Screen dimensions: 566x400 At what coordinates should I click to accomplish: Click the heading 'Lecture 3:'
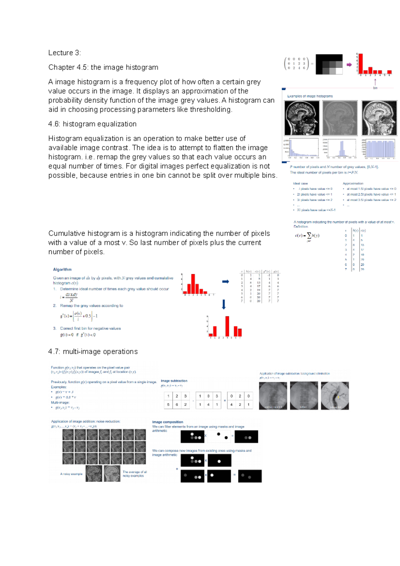coord(64,53)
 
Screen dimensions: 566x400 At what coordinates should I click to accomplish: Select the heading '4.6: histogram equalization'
coord(92,124)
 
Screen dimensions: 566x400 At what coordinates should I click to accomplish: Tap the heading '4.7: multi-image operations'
coord(93,351)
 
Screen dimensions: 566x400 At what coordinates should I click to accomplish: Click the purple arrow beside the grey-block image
coord(349,65)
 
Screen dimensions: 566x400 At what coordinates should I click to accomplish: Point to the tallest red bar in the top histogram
coord(360,63)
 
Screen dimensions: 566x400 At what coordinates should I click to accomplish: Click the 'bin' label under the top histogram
coord(375,88)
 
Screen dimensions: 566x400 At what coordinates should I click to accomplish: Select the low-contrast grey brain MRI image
coord(340,118)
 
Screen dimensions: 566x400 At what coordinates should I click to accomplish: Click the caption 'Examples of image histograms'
coord(310,96)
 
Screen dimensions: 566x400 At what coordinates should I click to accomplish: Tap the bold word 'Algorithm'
coord(62,269)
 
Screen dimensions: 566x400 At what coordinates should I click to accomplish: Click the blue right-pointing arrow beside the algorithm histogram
coord(226,282)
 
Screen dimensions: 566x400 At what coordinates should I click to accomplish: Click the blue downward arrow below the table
coord(224,304)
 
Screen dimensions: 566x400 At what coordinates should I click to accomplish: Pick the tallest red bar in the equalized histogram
coord(227,326)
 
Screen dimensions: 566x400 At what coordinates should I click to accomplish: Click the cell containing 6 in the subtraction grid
coord(177,404)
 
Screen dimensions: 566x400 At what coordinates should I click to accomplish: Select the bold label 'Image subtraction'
coord(174,381)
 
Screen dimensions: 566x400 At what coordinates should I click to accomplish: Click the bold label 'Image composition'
coord(168,422)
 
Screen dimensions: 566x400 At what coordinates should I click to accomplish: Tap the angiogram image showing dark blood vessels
coord(335,396)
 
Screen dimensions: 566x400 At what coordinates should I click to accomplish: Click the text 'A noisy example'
coord(71,474)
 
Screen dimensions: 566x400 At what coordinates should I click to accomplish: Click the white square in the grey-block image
coord(339,71)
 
